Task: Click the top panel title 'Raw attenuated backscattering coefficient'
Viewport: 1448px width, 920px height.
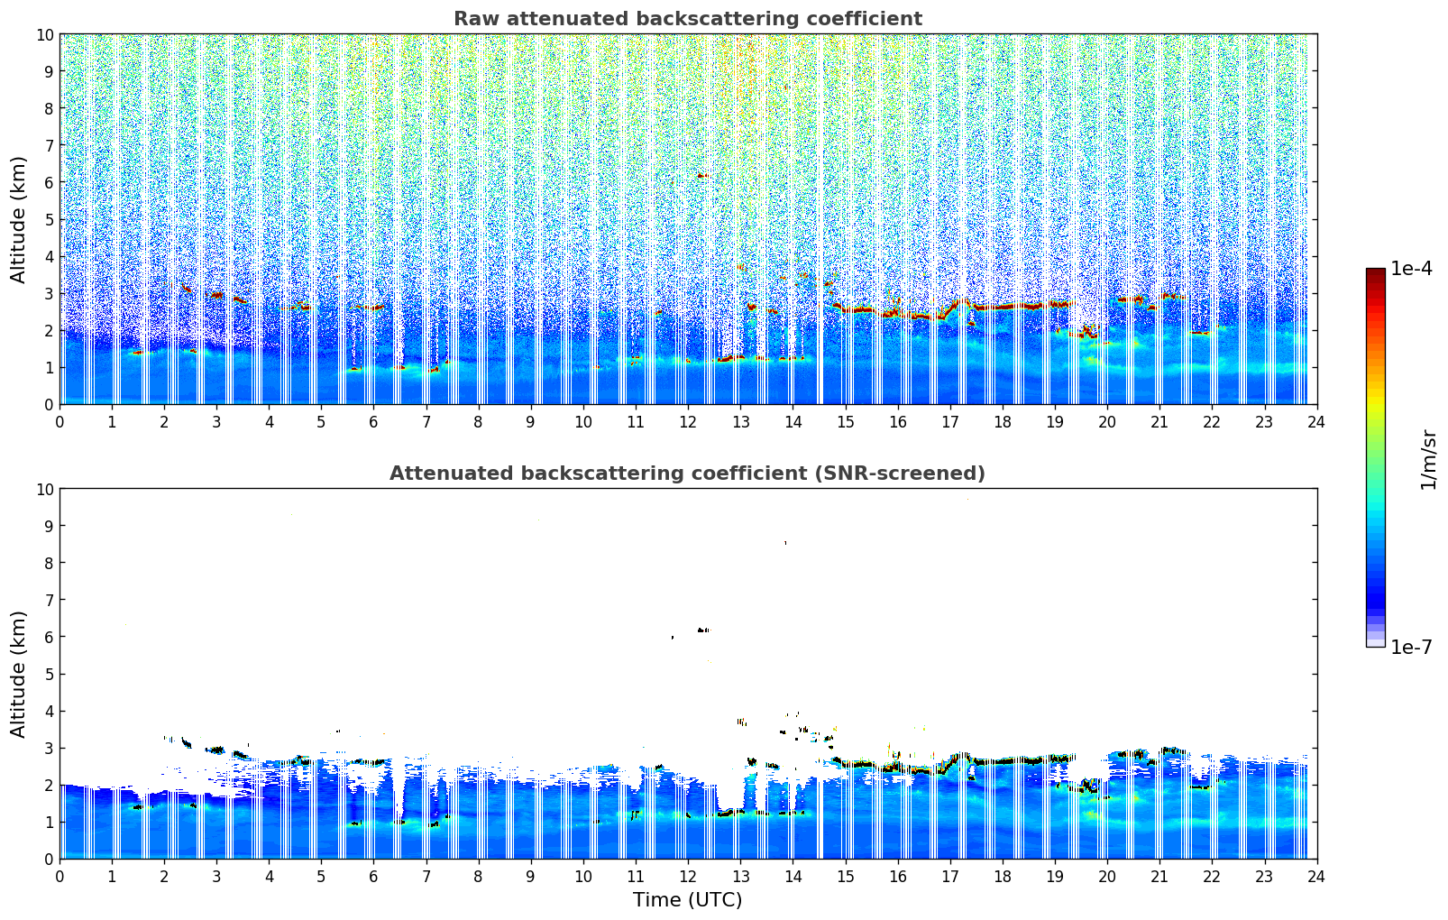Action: [x=687, y=19]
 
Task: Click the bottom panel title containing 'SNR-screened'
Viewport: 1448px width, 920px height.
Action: [x=687, y=474]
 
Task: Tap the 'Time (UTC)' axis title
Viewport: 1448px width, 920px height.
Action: [x=687, y=899]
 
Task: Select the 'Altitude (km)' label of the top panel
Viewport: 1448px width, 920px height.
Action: [x=18, y=219]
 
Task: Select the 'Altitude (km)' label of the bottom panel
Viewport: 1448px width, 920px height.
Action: [x=18, y=674]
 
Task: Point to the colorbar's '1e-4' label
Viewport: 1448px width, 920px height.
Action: [x=1411, y=269]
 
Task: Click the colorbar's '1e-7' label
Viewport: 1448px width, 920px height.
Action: [x=1411, y=647]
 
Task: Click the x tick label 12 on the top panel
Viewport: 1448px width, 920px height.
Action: [x=688, y=421]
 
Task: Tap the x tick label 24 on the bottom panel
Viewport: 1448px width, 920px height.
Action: [x=1316, y=876]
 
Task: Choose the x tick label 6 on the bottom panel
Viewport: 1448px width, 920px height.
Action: [x=374, y=876]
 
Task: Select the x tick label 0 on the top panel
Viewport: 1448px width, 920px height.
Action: [x=60, y=421]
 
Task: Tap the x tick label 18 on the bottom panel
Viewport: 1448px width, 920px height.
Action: [x=1003, y=876]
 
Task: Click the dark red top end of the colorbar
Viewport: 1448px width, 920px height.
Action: [x=1375, y=272]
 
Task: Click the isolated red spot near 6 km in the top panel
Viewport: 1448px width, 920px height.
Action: [x=702, y=176]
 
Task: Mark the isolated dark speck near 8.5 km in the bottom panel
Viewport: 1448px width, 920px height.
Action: [x=785, y=543]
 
